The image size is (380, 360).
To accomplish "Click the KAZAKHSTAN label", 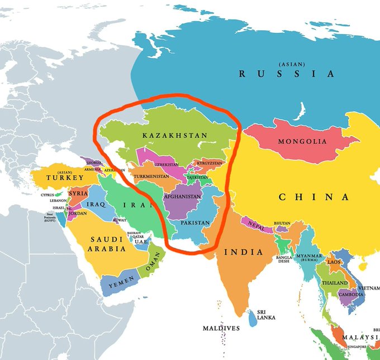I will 174,136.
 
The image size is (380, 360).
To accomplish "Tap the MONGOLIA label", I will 302,141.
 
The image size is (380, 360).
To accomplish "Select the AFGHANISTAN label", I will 182,197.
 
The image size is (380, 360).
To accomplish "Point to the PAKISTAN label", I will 196,223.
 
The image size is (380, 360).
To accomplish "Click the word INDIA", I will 243,252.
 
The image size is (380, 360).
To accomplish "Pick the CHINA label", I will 314,197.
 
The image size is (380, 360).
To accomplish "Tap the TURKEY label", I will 65,177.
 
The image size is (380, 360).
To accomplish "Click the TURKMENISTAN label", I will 151,176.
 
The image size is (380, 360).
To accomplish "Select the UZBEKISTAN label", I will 167,165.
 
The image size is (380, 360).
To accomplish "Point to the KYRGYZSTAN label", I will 209,163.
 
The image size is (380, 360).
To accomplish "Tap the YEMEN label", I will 118,284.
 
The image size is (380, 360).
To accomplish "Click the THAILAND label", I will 334,283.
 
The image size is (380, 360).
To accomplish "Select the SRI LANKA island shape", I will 253,320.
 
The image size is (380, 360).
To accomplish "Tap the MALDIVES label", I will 221,328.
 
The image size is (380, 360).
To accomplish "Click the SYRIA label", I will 78,193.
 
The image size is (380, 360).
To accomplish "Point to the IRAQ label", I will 96,205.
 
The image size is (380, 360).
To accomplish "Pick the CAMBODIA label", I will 351,294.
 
